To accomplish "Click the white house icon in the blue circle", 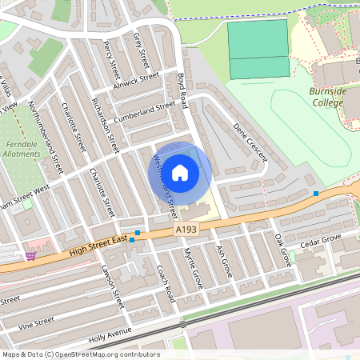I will pyautogui.click(x=180, y=172).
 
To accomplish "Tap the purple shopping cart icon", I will pyautogui.click(x=30, y=255).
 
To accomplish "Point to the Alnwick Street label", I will pyautogui.click(x=137, y=81).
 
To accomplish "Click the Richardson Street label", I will pyautogui.click(x=105, y=126).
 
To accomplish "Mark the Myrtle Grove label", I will pyautogui.click(x=194, y=268).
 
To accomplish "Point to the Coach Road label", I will pyautogui.click(x=166, y=283).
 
